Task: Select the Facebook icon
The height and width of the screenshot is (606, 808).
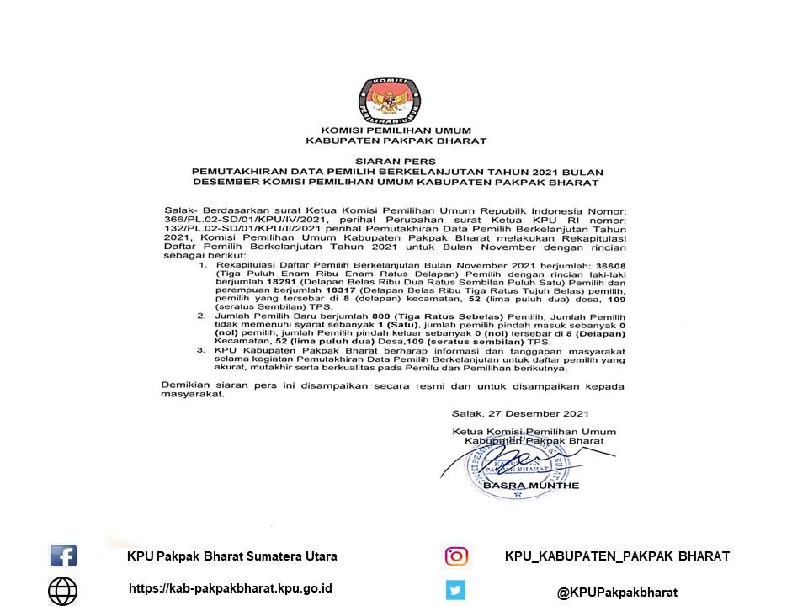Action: pos(64,556)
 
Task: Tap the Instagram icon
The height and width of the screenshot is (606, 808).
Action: pos(456,556)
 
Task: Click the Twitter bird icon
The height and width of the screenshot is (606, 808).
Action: pos(456,591)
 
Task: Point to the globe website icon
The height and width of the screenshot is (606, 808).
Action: pos(63,591)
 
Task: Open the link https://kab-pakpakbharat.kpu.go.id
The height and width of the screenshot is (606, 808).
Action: pos(230,588)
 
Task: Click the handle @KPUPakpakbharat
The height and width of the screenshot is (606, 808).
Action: pos(617,593)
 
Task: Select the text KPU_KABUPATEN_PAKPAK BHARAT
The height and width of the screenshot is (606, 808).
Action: pos(617,556)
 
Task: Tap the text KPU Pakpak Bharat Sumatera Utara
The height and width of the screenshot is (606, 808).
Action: pos(232,556)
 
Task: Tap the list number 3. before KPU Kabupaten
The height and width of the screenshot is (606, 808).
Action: pos(201,349)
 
